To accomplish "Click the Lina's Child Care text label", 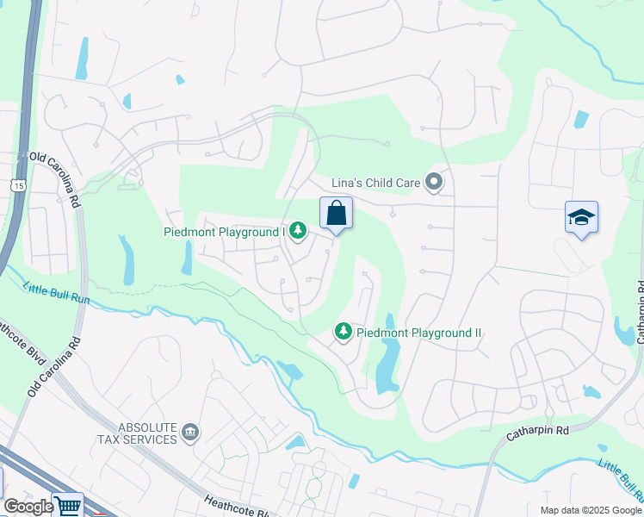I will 376,183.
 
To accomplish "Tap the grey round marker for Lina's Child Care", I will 435,182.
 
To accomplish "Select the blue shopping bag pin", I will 336,214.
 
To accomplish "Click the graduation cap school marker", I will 581,218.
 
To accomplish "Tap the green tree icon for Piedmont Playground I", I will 297,230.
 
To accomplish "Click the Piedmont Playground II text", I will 418,333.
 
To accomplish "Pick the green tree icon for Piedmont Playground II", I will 343,332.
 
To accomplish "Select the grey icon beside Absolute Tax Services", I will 191,432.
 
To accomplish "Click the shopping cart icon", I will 67,505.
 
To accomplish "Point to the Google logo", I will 28,507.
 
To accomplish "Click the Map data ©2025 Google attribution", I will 590,510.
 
